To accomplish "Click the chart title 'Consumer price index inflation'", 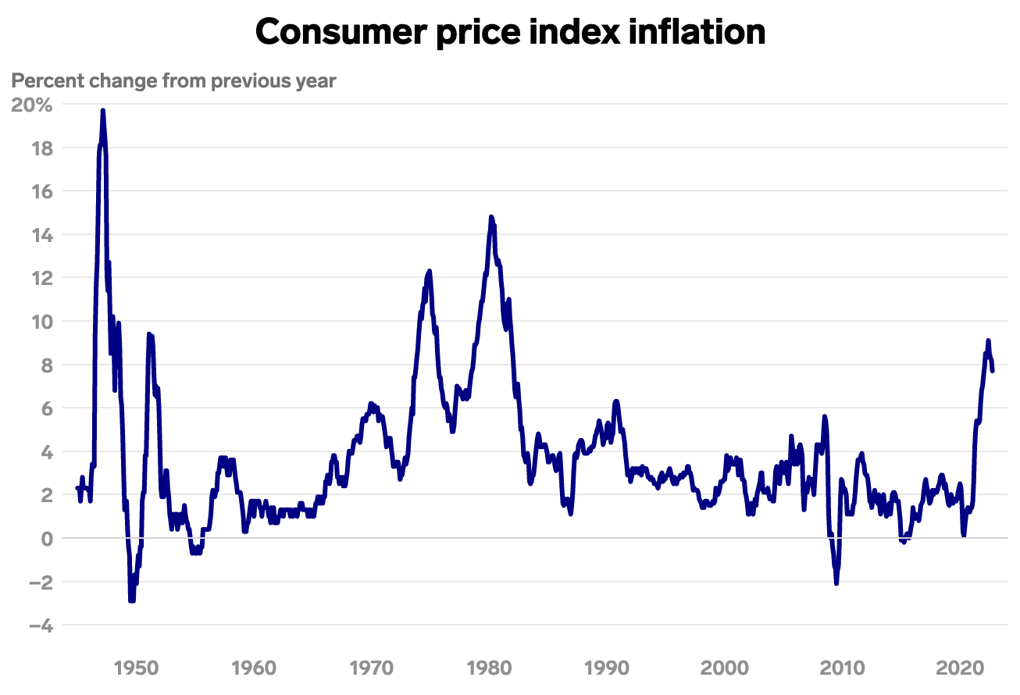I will pos(510,32).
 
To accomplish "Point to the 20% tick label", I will pos(31,105).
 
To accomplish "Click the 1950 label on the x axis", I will pos(137,668).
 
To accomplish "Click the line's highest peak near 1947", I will pos(103,111).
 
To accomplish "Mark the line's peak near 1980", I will pos(491,216).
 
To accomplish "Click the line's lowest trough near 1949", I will pos(132,600).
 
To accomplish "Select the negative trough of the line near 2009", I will pos(836,583).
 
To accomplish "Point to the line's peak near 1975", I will pos(430,271).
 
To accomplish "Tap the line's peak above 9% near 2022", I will pos(988,340).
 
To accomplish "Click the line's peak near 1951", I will pos(149,334).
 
